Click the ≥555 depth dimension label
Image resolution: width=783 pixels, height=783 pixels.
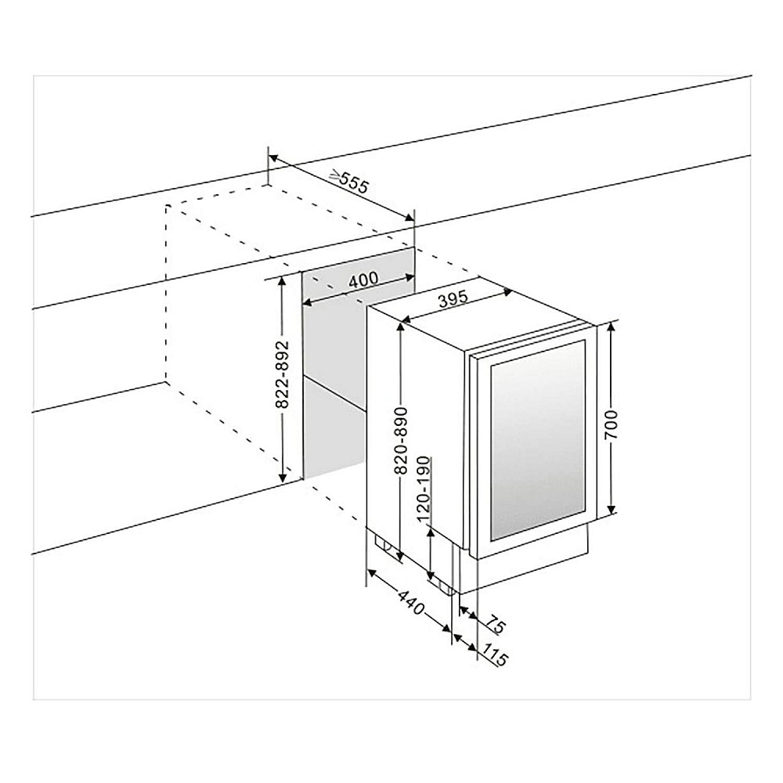(348, 182)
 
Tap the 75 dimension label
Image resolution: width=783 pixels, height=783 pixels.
(493, 623)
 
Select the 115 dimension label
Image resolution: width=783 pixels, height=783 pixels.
(492, 655)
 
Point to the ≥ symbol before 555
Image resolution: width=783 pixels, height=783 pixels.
(334, 176)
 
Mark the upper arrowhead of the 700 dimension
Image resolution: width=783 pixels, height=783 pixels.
(612, 325)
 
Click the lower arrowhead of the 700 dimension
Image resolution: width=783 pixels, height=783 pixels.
(612, 511)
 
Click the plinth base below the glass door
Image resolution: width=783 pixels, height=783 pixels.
(532, 564)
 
